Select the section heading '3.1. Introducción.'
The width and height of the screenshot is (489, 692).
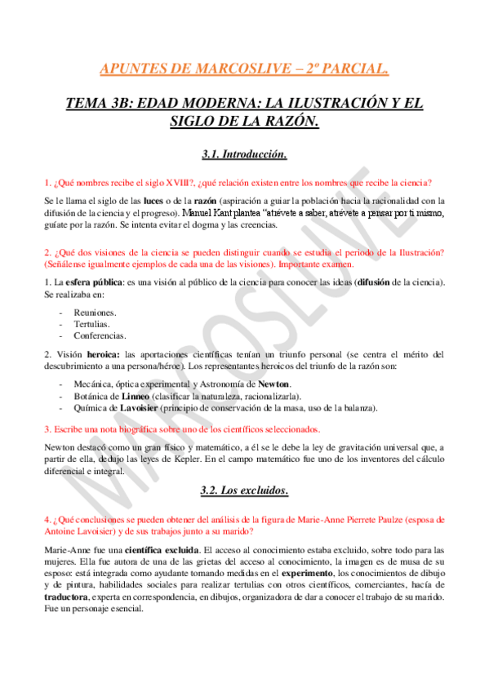pyautogui.click(x=244, y=153)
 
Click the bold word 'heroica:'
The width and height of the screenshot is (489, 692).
pyautogui.click(x=99, y=354)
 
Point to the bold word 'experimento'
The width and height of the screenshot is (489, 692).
pyautogui.click(x=309, y=574)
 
